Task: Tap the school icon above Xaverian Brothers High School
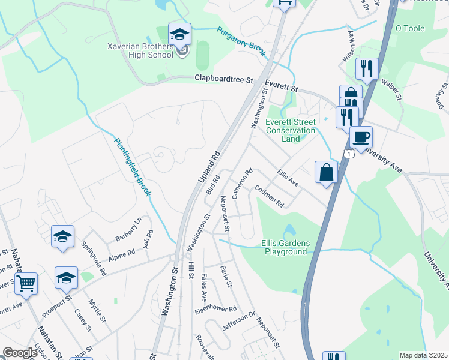(x=179, y=34)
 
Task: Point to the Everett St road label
(x=282, y=88)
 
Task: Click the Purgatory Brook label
(x=241, y=42)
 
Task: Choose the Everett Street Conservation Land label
(x=291, y=130)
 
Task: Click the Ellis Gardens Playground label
(x=286, y=247)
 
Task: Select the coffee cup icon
(x=361, y=137)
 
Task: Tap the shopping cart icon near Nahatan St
(x=26, y=283)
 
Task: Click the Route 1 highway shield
(x=348, y=154)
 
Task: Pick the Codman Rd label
(x=269, y=196)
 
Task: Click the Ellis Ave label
(x=288, y=177)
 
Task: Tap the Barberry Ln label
(x=128, y=228)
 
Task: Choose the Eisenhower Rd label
(x=215, y=310)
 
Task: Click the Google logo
(x=20, y=353)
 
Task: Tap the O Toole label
(x=410, y=28)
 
